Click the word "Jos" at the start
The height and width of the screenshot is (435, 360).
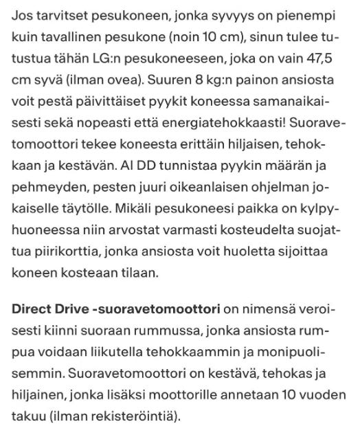click(x=24, y=15)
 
